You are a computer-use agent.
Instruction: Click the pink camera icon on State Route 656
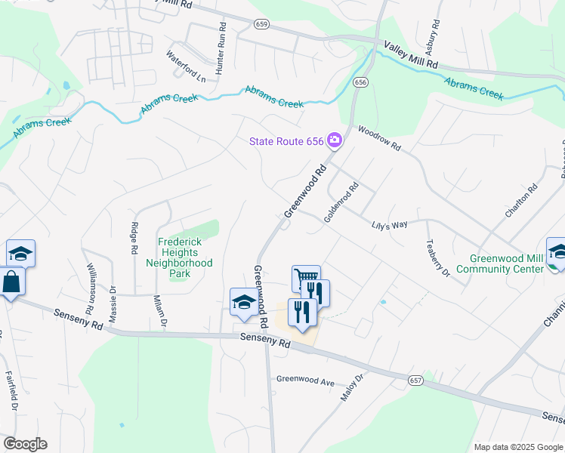(335, 140)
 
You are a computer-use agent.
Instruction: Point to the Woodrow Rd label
(379, 139)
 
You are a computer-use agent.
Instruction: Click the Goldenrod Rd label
(340, 202)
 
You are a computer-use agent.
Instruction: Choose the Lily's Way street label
(389, 225)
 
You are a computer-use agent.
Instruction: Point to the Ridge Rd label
(134, 237)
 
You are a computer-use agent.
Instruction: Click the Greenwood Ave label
(305, 382)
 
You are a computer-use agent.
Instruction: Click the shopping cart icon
(306, 278)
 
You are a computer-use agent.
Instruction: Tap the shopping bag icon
(12, 283)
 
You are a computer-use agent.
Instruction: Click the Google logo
(25, 444)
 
